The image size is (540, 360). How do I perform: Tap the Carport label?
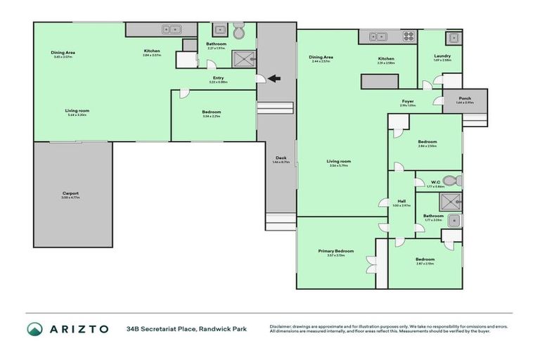pyautogui.click(x=69, y=193)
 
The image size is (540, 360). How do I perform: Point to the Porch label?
pyautogui.click(x=464, y=98)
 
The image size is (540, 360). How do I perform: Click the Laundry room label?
pyautogui.click(x=442, y=56)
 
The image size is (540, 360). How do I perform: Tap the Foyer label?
pyautogui.click(x=407, y=101)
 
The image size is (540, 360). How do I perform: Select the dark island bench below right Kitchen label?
pyautogui.click(x=380, y=82)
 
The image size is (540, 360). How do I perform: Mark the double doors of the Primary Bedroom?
pyautogui.click(x=371, y=265)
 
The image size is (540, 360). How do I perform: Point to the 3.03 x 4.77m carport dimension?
pyautogui.click(x=69, y=198)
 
